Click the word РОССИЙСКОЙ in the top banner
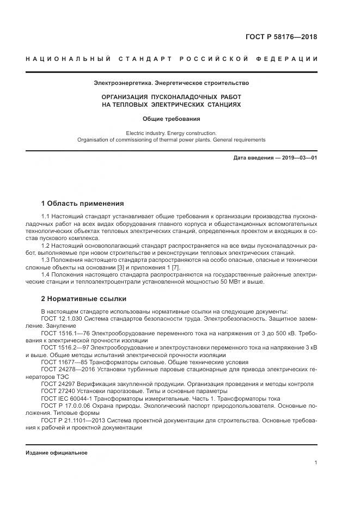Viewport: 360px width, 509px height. tap(210, 59)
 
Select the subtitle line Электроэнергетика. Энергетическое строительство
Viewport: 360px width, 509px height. tap(171, 83)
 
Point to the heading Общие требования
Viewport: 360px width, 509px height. tap(171, 118)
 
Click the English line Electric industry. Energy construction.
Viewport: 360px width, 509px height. tap(171, 133)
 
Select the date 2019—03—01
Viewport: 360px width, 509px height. tap(298, 158)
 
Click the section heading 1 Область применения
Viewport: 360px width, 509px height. tap(82, 204)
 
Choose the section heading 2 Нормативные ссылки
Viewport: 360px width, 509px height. tap(84, 299)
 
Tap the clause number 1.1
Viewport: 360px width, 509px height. tap(46, 217)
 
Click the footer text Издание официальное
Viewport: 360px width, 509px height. tap(56, 453)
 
